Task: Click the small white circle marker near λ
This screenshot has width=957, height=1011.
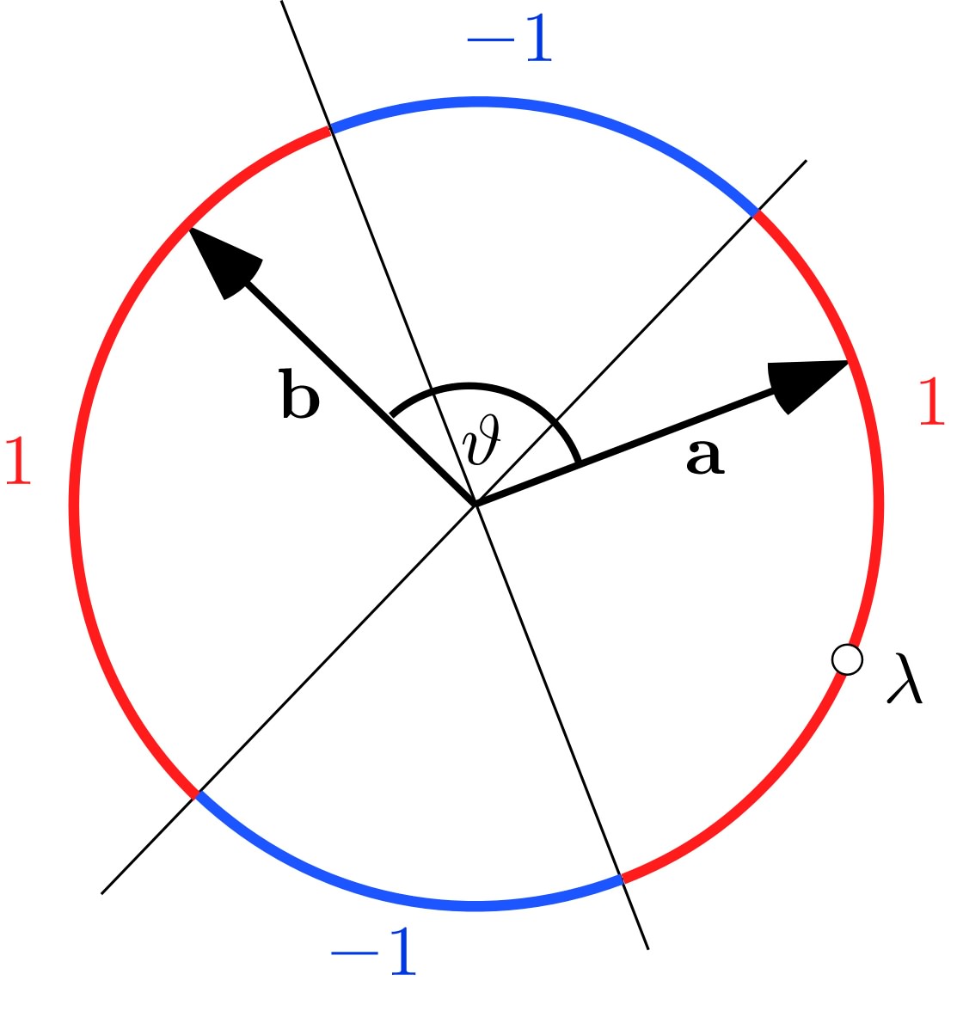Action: pyautogui.click(x=847, y=660)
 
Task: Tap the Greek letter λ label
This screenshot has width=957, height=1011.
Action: pyautogui.click(x=905, y=679)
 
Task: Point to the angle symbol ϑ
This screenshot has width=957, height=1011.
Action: pyautogui.click(x=481, y=444)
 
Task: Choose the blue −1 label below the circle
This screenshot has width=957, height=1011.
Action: pyautogui.click(x=373, y=952)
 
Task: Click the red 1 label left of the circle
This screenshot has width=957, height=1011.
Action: pyautogui.click(x=18, y=461)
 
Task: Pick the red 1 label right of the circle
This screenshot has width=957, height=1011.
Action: pyautogui.click(x=932, y=401)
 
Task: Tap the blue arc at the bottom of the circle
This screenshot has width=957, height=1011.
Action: pyautogui.click(x=413, y=900)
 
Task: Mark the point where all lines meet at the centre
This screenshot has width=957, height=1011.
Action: pyautogui.click(x=475, y=504)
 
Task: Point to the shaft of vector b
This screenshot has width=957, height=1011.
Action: pyautogui.click(x=361, y=395)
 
